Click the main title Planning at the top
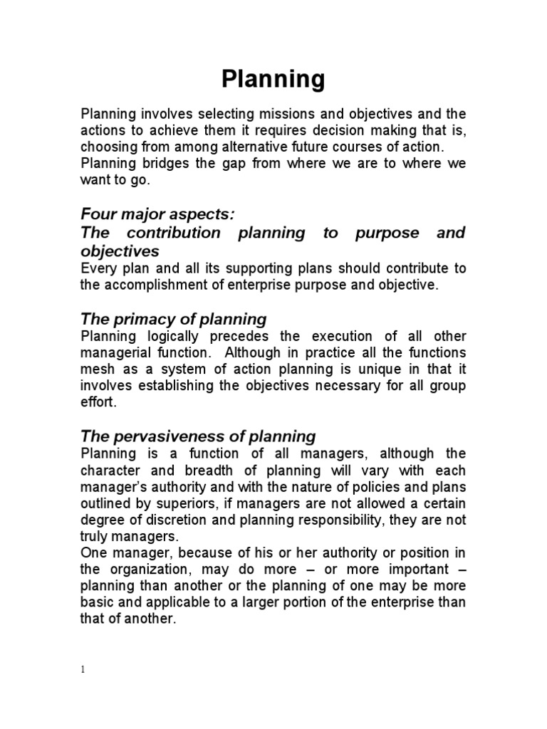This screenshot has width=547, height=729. point(273,79)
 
